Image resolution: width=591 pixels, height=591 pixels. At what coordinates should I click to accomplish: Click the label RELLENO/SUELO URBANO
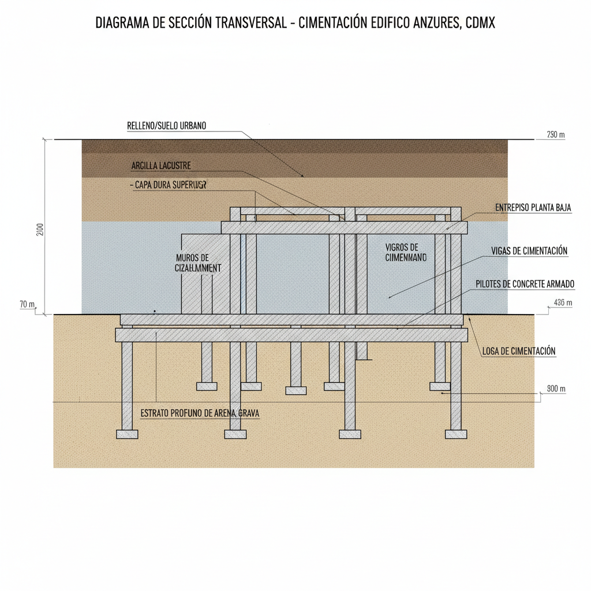(x=166, y=125)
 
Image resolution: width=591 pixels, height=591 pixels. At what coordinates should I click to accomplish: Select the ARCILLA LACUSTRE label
(x=161, y=166)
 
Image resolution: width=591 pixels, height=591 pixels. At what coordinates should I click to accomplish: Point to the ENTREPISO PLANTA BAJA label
(x=533, y=207)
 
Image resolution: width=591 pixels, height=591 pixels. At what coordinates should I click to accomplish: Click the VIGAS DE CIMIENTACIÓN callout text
(x=529, y=250)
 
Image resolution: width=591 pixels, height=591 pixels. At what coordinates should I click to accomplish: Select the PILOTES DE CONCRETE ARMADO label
(x=525, y=284)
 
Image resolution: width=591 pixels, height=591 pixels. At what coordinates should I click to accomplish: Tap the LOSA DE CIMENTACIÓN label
(x=518, y=351)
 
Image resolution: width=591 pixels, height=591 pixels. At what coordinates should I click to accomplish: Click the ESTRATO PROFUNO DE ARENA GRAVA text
(x=200, y=413)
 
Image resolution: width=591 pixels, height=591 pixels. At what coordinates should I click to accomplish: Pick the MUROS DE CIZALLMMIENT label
(x=197, y=263)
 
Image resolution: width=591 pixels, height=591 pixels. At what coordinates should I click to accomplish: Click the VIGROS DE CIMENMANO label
(x=405, y=252)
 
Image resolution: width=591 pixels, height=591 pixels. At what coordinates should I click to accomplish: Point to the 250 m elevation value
(x=555, y=135)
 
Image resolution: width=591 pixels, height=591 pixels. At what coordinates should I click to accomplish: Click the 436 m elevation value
(x=562, y=303)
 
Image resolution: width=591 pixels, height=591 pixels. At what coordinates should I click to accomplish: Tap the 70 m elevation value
(x=27, y=304)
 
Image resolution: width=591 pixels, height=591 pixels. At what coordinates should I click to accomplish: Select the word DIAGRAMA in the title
(x=122, y=24)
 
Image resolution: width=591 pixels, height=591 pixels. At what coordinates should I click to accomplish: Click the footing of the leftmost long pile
(x=127, y=434)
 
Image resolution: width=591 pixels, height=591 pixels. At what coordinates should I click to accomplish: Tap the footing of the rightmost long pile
(x=456, y=434)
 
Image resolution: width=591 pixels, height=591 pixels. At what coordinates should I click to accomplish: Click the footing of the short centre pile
(x=295, y=391)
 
